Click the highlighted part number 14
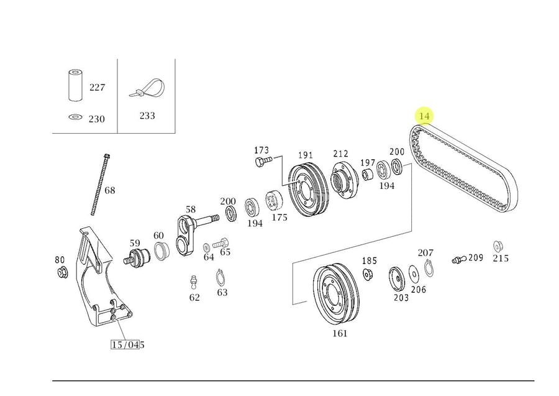click(424, 116)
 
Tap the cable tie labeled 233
click(147, 88)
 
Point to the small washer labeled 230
click(75, 117)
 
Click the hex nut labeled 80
click(63, 272)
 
